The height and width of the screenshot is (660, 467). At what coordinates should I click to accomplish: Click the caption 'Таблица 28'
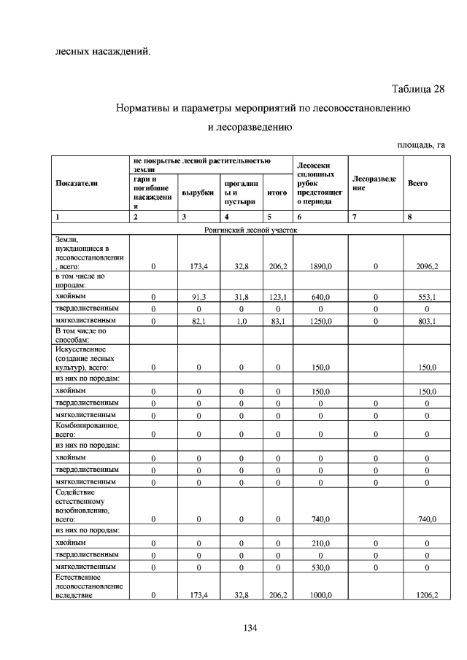pos(417,89)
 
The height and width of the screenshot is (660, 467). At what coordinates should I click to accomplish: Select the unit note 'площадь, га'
pos(420,145)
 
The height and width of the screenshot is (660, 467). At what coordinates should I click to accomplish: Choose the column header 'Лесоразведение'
pos(374,183)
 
